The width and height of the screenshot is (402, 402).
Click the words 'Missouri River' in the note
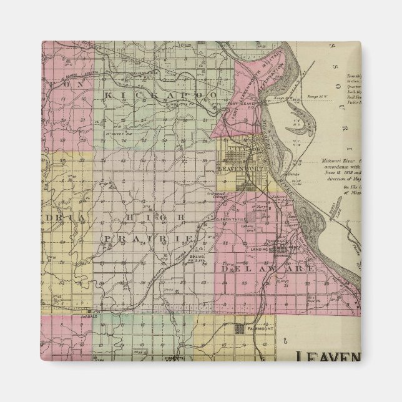click(335, 160)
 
